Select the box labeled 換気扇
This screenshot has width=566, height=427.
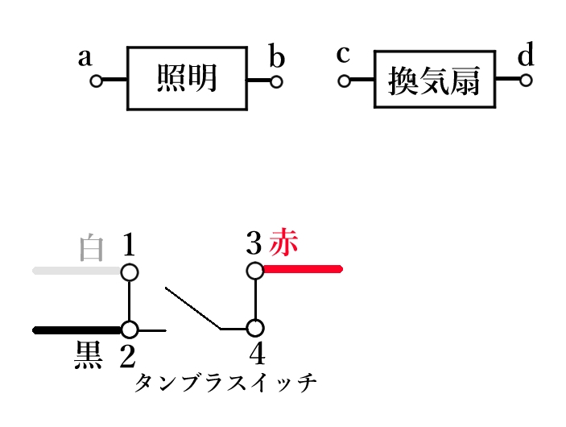(x=434, y=81)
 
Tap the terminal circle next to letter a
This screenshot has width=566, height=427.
(x=96, y=81)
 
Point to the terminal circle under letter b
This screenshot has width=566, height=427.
(x=276, y=81)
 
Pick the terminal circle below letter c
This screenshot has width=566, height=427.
(x=345, y=81)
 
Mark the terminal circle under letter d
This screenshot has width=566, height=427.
(x=526, y=81)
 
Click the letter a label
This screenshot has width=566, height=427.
(x=84, y=58)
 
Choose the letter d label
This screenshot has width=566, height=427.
(x=526, y=56)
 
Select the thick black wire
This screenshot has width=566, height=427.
(x=76, y=330)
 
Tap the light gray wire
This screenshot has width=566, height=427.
(x=76, y=271)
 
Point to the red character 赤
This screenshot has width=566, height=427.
(x=283, y=240)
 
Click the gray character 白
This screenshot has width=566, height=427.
(x=93, y=248)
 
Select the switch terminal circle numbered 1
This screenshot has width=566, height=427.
(x=130, y=272)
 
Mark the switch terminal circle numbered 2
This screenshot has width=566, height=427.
(x=130, y=330)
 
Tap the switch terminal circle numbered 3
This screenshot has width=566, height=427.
(x=254, y=271)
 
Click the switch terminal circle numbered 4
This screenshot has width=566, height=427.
(x=254, y=329)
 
